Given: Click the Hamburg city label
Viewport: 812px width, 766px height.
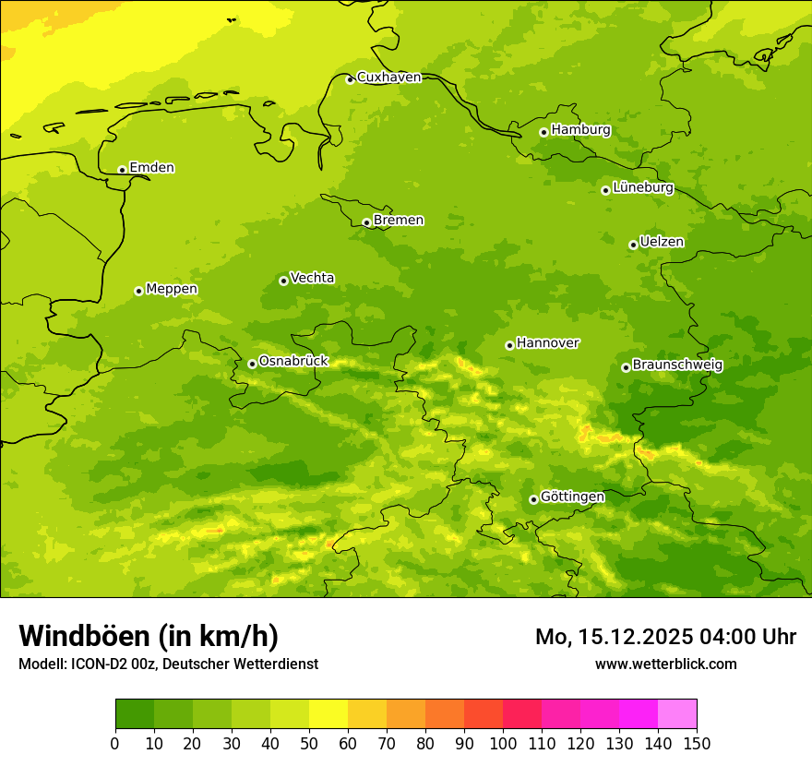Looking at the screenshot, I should coord(580,130).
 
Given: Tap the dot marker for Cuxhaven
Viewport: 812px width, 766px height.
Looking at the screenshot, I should coord(350,79).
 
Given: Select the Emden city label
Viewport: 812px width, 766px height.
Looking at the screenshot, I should coord(151,168).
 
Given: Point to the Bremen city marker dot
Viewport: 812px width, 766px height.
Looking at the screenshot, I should coord(366,222).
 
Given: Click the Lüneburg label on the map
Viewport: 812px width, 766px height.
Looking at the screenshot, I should coord(642,187).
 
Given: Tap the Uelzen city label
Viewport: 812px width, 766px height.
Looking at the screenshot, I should coord(662,242).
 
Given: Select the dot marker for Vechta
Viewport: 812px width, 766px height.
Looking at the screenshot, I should coord(283,281).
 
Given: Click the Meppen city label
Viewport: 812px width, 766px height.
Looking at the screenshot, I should coord(171,289).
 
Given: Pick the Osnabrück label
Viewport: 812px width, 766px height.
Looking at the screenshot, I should coord(293,361).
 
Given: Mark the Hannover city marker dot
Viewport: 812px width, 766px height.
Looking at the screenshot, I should coord(509,345).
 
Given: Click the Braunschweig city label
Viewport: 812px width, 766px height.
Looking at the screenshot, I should coord(677,365).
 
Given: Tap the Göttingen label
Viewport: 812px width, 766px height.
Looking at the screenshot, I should coord(572,497).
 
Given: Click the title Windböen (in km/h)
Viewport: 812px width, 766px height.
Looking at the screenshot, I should coord(149,637).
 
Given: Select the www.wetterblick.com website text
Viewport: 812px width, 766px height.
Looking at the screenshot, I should coord(665,664).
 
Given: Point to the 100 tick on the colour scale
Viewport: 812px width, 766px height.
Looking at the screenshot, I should coord(503,743).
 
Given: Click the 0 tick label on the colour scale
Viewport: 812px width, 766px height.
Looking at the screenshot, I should coord(115,743).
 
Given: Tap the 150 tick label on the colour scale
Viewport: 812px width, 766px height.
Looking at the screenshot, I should coord(697,743).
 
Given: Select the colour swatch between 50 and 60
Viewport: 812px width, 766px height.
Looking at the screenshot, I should coord(328,714).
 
